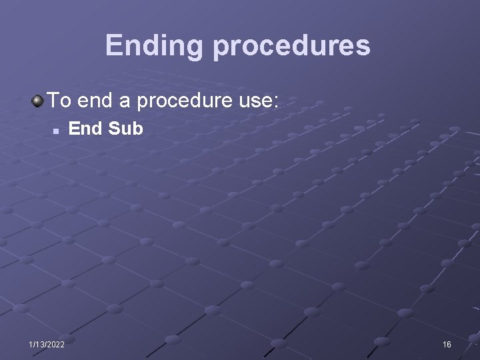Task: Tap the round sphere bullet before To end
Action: [x=37, y=101]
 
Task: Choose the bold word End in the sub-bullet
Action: [x=85, y=128]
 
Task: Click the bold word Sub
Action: [x=125, y=128]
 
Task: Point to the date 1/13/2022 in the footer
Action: [x=47, y=345]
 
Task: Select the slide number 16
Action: [x=447, y=345]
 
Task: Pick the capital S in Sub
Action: [x=114, y=128]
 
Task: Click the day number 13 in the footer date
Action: [x=39, y=345]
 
